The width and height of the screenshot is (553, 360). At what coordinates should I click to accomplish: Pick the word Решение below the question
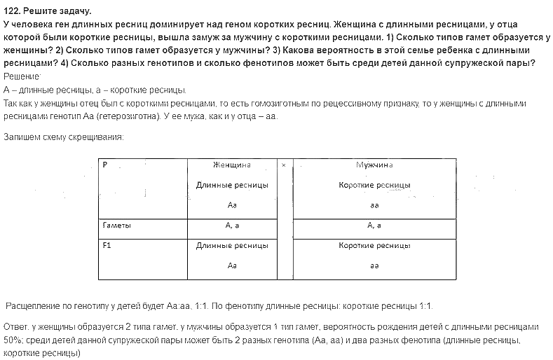(x=22, y=76)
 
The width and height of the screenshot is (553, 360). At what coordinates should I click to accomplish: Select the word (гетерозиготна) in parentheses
(x=128, y=116)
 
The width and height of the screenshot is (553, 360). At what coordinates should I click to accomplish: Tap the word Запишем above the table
(x=23, y=137)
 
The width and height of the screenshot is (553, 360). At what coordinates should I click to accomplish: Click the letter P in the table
(x=104, y=165)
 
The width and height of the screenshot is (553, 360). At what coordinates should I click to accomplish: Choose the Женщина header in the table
(x=232, y=165)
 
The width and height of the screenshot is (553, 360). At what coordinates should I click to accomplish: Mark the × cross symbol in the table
(x=283, y=165)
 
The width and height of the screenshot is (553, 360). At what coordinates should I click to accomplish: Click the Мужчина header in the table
(x=374, y=165)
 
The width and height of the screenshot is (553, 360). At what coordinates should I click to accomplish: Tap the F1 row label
(x=107, y=246)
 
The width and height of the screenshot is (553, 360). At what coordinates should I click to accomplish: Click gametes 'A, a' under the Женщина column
(x=232, y=226)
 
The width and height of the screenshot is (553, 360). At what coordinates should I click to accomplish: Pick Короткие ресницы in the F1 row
(x=374, y=246)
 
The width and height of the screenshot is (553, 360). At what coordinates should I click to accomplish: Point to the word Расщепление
(x=34, y=306)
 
